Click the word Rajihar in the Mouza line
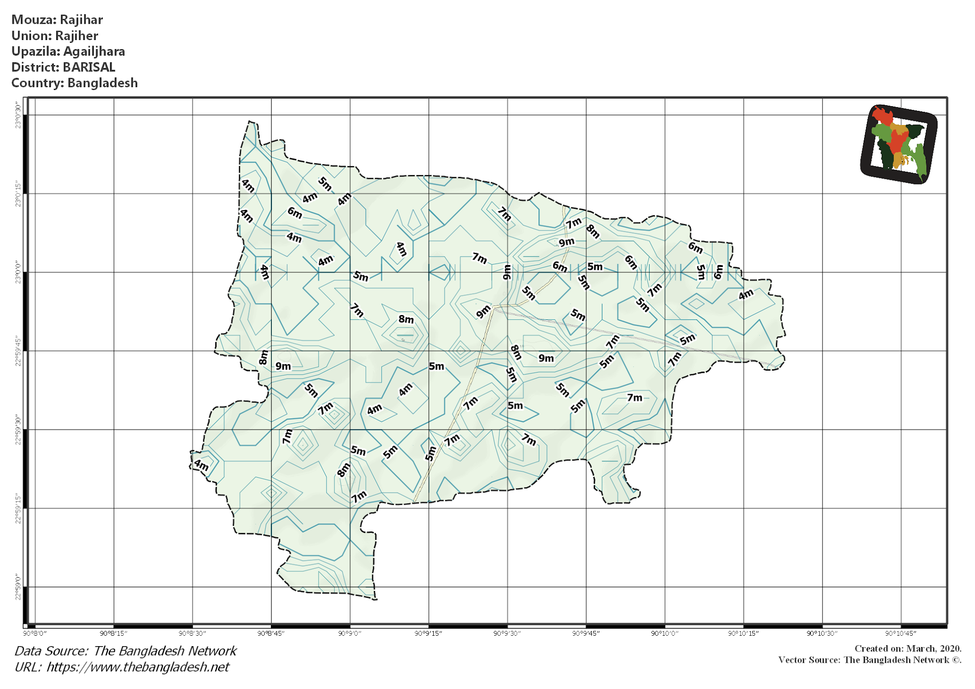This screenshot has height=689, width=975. [81, 20]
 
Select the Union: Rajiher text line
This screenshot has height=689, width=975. [55, 36]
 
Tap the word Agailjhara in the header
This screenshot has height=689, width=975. [94, 51]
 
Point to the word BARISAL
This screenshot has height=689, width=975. [89, 67]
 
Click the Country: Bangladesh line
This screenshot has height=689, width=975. [74, 83]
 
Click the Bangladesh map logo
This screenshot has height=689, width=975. [899, 144]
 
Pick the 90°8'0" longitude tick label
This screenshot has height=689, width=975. [35, 633]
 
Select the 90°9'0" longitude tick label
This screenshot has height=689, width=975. [350, 633]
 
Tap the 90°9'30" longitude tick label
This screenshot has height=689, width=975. [507, 633]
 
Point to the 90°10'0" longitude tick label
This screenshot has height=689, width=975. [665, 633]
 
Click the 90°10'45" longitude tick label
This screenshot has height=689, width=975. [901, 633]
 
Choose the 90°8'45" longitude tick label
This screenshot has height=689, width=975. [271, 633]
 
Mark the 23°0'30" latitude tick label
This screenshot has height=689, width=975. [18, 115]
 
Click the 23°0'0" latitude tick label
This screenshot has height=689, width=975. [18, 272]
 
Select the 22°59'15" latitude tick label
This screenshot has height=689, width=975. [18, 508]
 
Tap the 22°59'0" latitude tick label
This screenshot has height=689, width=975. [18, 587]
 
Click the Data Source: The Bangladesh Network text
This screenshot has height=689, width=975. [125, 651]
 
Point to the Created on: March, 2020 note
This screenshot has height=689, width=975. [908, 649]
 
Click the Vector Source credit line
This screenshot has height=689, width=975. [870, 660]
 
